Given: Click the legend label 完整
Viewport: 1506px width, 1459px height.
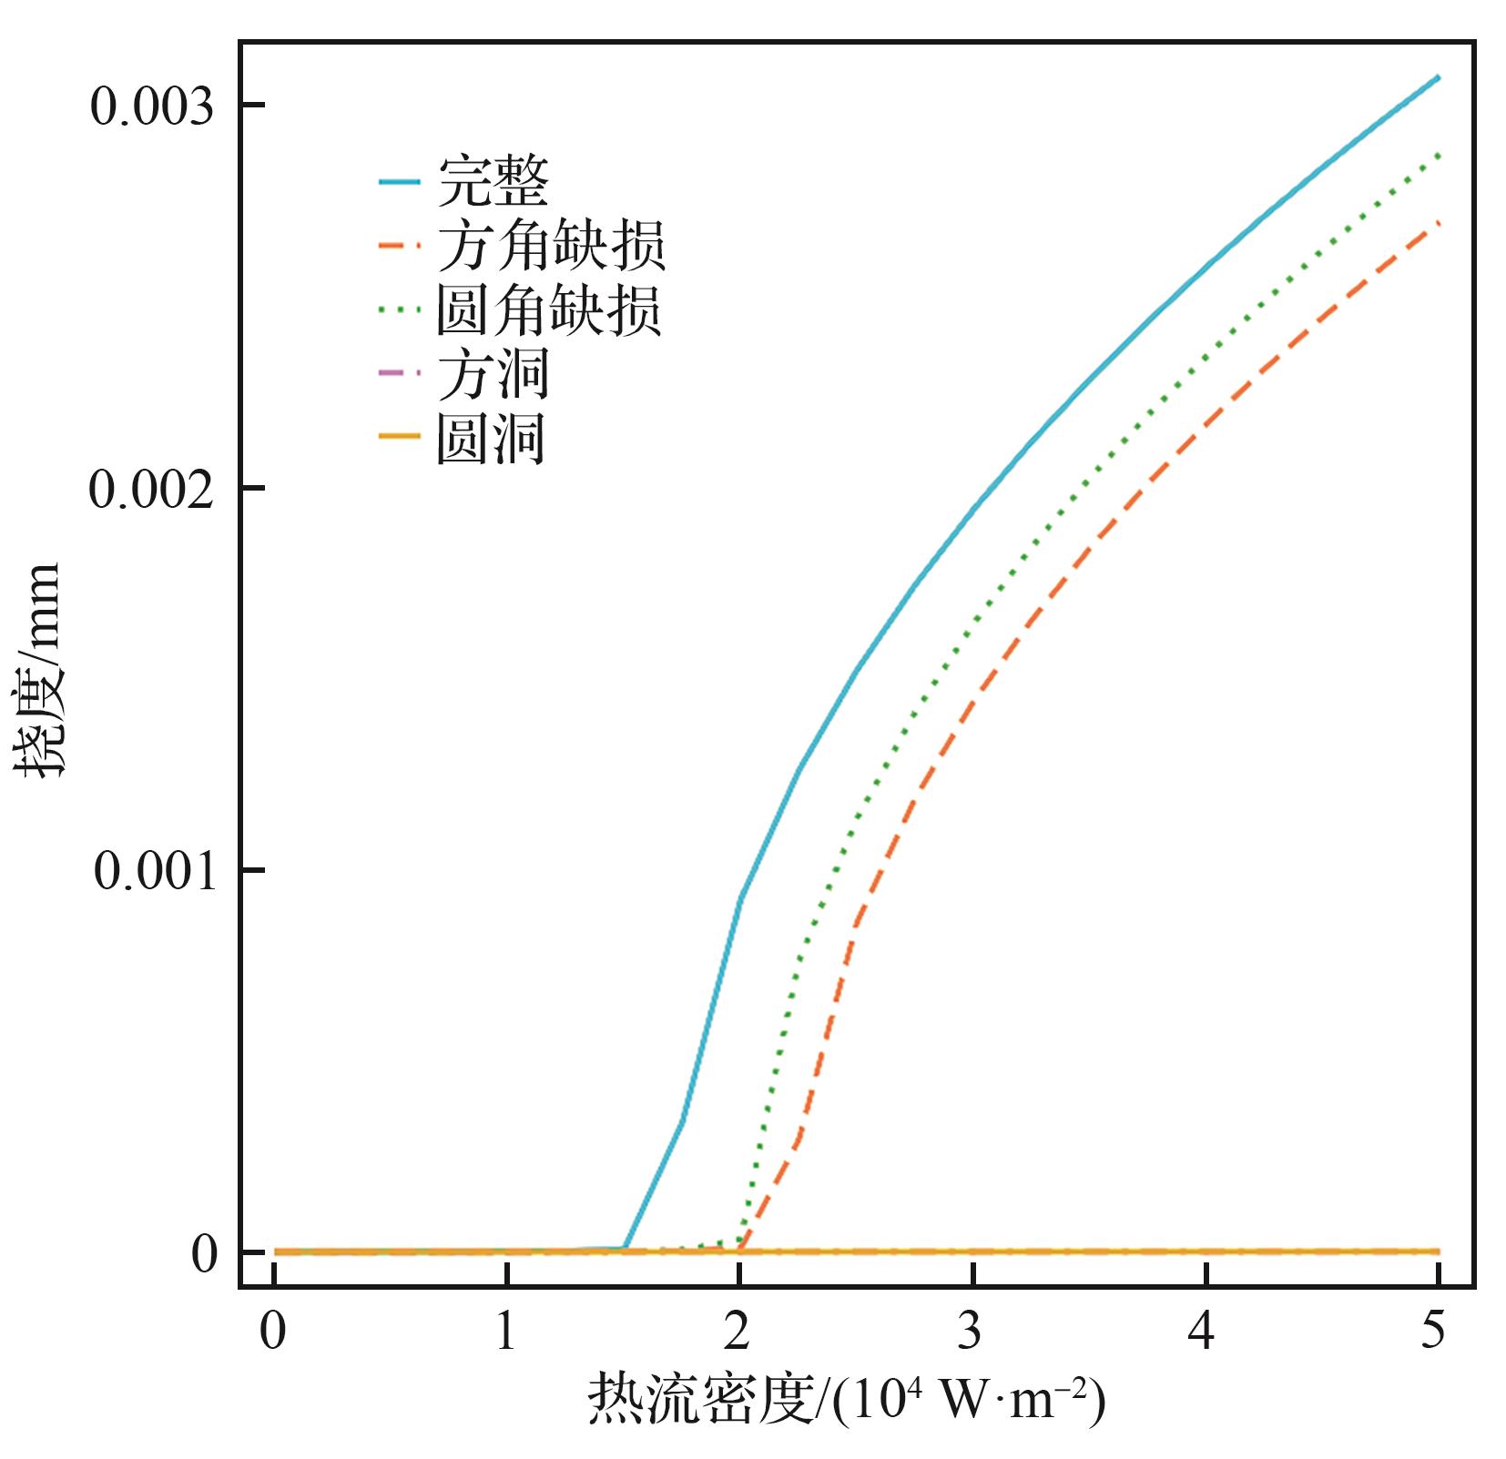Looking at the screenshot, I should (493, 182).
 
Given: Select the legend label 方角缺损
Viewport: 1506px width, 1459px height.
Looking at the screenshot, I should (551, 246).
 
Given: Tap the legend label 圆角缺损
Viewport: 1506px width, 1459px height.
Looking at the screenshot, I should (549, 310).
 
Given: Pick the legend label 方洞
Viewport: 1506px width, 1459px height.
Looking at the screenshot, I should (493, 375).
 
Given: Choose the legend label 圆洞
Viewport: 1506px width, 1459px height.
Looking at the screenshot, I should (491, 439).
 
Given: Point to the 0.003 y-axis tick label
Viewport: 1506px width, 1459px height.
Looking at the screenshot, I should (152, 106).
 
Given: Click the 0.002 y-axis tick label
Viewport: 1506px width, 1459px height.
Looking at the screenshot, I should (152, 490).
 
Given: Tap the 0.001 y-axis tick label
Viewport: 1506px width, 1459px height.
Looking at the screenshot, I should (154, 872).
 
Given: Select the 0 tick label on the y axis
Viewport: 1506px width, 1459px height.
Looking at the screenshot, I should (205, 1254).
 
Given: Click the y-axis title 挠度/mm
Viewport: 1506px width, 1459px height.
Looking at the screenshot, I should (38, 669).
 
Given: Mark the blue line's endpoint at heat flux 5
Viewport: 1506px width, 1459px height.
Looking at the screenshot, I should (1438, 77).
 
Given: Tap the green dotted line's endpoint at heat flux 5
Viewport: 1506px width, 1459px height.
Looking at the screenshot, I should (1438, 155).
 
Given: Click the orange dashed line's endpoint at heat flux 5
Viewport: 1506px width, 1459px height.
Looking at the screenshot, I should (1438, 222).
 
